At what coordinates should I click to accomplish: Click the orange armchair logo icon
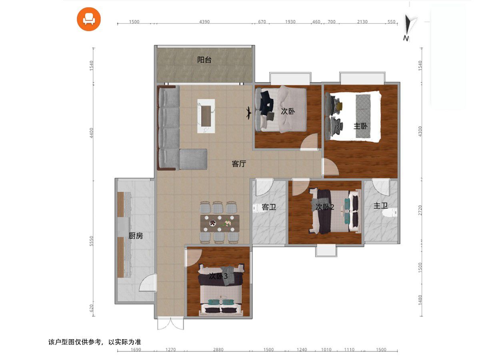[88, 19]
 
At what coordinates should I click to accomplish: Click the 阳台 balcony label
[204, 60]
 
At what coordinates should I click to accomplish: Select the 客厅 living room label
[239, 164]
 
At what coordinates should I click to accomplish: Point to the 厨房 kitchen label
[136, 236]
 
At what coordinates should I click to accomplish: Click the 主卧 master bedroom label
[361, 126]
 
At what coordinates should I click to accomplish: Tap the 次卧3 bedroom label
[218, 276]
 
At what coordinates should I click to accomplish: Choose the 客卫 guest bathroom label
[269, 207]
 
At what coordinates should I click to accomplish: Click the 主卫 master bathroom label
[380, 206]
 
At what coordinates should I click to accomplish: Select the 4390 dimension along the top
[204, 22]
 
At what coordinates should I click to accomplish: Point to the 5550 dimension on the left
[92, 241]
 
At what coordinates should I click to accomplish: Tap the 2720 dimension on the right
[420, 210]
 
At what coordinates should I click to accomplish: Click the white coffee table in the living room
[206, 116]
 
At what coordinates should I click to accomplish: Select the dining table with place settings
[220, 223]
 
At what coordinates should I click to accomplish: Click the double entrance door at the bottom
[170, 324]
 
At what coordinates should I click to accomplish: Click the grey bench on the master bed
[363, 116]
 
